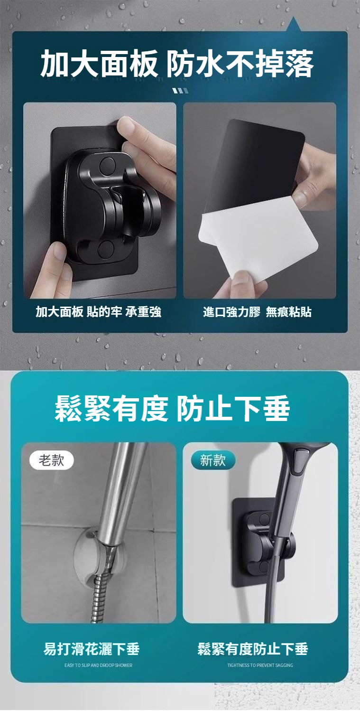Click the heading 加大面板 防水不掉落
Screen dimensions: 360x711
point(177,64)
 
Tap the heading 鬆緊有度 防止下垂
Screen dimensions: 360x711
point(172,409)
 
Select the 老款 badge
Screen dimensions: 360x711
point(51,460)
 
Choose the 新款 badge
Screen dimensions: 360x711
point(213,460)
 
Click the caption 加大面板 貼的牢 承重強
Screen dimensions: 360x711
point(98,312)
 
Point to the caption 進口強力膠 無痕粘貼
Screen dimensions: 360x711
point(257,312)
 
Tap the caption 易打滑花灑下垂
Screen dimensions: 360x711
point(92,648)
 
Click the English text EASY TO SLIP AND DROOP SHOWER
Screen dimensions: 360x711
point(98,665)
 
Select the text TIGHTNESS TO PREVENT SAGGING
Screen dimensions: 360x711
point(260,665)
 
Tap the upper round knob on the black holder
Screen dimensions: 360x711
point(107,164)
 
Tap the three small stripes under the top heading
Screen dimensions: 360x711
point(180,91)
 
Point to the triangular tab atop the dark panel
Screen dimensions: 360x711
point(294,24)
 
